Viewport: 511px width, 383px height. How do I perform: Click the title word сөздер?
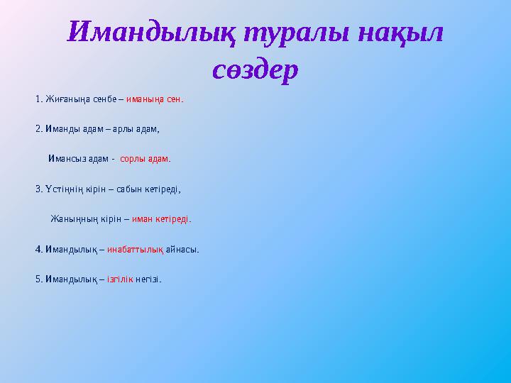pyautogui.click(x=255, y=70)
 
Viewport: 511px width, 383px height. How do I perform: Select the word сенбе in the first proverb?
pyautogui.click(x=101, y=99)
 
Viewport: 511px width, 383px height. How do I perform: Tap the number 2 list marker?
pyautogui.click(x=37, y=129)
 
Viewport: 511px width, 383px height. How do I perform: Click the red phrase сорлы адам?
pyautogui.click(x=145, y=159)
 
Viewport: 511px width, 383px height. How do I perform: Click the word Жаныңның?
pyautogui.click(x=70, y=219)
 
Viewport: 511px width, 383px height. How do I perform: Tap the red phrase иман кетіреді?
pyautogui.click(x=161, y=219)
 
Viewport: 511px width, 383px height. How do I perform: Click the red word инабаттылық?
pyautogui.click(x=136, y=249)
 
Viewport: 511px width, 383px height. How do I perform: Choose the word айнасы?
pyautogui.click(x=183, y=249)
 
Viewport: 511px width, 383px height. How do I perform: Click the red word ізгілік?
pyautogui.click(x=120, y=279)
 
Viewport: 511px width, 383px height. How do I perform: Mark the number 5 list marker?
pyautogui.click(x=37, y=279)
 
